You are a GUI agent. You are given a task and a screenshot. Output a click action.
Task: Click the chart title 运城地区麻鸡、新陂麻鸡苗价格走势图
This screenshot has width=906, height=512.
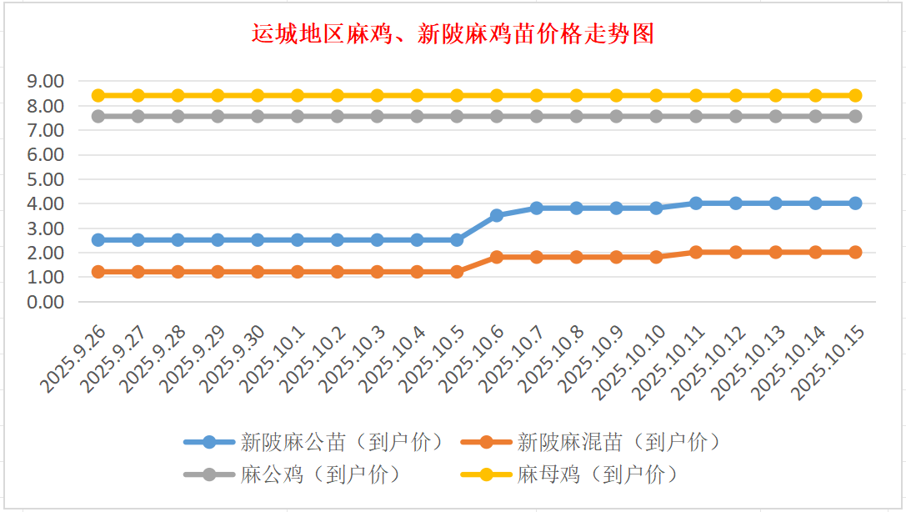(453, 34)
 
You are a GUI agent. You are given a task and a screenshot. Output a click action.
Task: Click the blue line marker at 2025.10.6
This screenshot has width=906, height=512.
(497, 215)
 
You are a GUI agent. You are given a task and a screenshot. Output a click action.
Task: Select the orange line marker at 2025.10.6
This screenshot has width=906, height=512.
(497, 257)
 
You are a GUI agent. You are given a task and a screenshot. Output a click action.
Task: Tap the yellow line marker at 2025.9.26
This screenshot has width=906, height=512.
(98, 95)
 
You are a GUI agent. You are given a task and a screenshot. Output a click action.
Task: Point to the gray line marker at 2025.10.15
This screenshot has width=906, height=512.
(855, 116)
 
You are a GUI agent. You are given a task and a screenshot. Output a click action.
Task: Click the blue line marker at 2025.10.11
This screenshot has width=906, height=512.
(696, 203)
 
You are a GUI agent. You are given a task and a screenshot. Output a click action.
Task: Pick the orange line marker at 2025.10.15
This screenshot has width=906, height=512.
(855, 252)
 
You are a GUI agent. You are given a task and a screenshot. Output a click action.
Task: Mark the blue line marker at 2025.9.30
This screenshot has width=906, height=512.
(258, 239)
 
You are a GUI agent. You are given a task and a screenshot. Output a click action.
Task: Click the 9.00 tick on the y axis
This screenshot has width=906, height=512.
(46, 81)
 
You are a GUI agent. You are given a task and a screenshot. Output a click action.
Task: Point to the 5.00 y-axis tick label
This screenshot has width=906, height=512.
(46, 178)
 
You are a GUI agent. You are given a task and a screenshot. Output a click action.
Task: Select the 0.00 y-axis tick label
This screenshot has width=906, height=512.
(46, 301)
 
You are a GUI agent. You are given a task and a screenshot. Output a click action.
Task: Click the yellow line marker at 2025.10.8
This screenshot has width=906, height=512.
(576, 95)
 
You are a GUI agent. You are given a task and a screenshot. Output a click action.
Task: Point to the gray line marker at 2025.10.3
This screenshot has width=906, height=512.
(377, 116)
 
